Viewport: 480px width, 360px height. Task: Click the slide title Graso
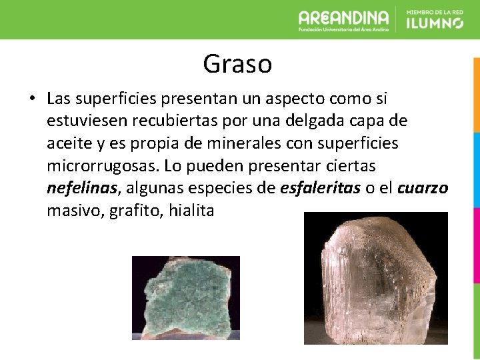(x=237, y=65)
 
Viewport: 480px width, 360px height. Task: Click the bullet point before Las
(x=31, y=99)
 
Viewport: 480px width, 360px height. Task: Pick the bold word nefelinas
(x=82, y=189)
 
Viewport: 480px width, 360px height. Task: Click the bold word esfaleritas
(x=321, y=189)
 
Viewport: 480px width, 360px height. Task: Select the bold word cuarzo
(x=423, y=189)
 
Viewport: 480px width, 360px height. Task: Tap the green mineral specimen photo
(x=185, y=298)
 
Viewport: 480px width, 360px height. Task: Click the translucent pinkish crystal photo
(x=375, y=278)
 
